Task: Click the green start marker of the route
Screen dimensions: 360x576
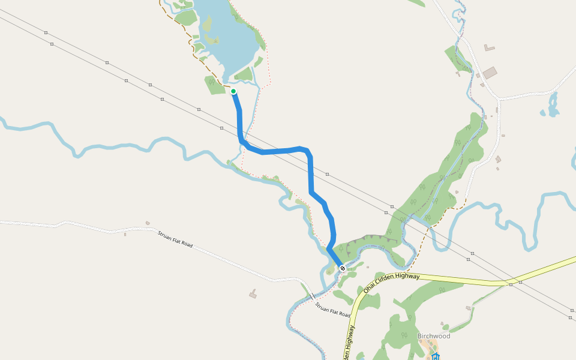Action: coord(233,91)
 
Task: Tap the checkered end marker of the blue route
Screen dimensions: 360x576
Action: coord(342,268)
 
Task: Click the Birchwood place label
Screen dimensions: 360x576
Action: coord(434,336)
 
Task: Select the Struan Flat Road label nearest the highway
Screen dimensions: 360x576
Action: coord(332,310)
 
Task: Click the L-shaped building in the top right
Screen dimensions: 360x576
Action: coord(489,47)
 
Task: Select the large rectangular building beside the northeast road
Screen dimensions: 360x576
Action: coord(490,73)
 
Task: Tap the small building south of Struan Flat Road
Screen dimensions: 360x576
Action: coord(253,294)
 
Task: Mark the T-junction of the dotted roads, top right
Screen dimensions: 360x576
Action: coord(497,98)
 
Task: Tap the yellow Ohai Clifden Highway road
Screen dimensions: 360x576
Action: coord(456,278)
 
